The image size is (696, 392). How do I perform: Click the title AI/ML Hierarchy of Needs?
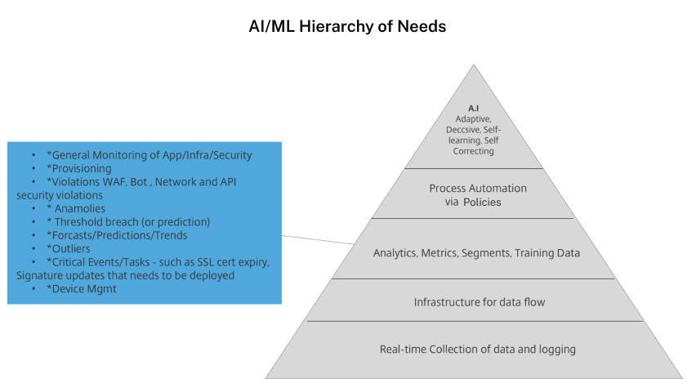click(x=347, y=26)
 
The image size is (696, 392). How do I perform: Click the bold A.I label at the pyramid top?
click(x=473, y=108)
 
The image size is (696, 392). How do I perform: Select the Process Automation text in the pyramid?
click(x=478, y=189)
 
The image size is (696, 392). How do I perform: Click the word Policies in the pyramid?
click(x=481, y=202)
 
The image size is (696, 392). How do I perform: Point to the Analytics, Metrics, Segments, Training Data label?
click(x=476, y=253)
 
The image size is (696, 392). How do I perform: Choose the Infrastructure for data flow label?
click(x=479, y=302)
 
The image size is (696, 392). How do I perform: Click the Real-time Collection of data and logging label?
click(x=478, y=350)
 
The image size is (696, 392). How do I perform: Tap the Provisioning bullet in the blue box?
click(x=79, y=168)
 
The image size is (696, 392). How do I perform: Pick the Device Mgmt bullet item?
click(x=82, y=288)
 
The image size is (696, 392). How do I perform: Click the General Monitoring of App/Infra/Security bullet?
click(x=149, y=155)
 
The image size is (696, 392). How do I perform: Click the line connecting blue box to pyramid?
click(x=319, y=238)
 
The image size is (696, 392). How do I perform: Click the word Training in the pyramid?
click(x=532, y=253)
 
